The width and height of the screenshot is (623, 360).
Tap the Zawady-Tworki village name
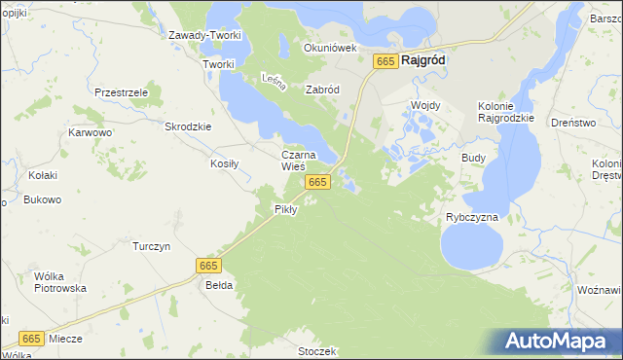204,36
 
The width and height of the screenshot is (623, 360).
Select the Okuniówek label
331,47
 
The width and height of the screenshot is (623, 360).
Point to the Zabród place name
322,90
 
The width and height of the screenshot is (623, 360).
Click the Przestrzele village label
121,91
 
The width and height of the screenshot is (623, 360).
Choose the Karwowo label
91,132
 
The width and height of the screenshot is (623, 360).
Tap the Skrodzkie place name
189,126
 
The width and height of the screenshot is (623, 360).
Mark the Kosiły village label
225,163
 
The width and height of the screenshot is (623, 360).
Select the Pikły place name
285,209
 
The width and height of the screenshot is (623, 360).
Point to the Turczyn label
151,246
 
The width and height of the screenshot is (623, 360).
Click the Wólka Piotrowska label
60,282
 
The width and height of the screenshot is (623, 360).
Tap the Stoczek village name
317,350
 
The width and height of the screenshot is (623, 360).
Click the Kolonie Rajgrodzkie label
506,112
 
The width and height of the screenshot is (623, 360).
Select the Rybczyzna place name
472,217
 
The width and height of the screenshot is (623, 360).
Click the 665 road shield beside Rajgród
385,61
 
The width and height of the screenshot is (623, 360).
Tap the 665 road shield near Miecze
31,339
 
